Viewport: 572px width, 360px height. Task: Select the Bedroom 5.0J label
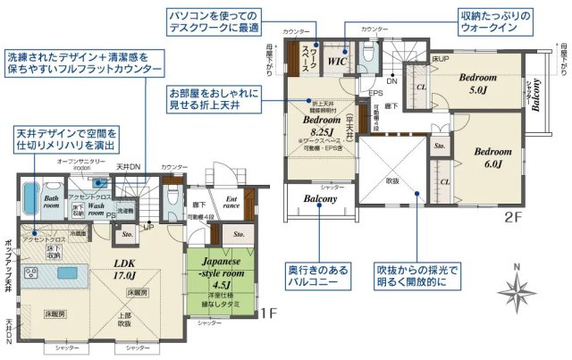click(472, 83)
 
